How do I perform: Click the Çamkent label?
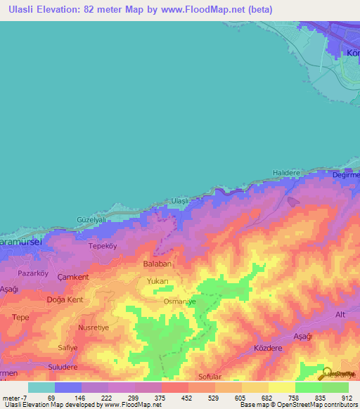73,277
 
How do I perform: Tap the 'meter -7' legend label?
15,397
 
